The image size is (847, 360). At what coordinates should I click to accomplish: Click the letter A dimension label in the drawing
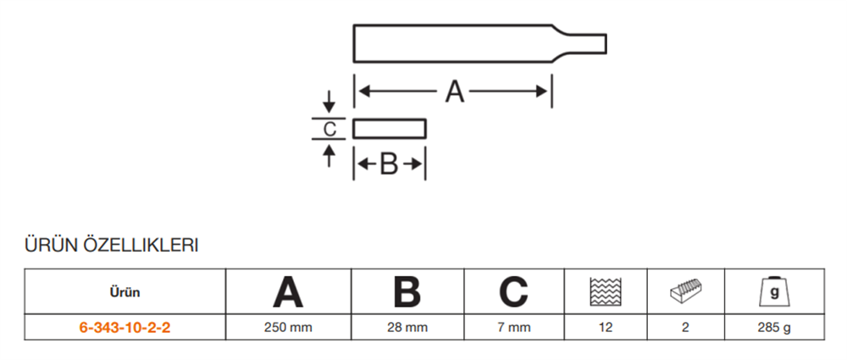pos(454,91)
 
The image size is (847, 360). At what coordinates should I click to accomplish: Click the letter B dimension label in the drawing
pos(389,163)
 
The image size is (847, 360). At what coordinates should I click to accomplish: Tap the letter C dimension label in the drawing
pos(329,130)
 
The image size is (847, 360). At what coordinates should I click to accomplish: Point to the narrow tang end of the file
pos(587,44)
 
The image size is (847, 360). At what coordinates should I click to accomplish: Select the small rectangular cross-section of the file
pos(390,129)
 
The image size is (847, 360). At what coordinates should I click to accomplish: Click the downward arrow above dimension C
pos(329,102)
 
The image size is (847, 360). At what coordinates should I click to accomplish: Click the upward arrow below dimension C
pos(329,155)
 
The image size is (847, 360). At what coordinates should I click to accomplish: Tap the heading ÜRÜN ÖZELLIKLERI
pos(111,246)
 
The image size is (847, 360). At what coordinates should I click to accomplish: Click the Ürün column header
pos(125,292)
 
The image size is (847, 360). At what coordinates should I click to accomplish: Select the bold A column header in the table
pos(288,292)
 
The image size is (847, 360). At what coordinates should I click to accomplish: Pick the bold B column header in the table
pos(407,292)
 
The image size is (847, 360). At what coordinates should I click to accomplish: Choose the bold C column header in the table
pos(513,292)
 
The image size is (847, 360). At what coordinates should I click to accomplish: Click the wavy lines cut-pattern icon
pos(606,292)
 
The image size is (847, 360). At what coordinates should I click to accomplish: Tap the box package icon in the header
pos(685,292)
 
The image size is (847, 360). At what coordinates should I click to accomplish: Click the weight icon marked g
pos(775,292)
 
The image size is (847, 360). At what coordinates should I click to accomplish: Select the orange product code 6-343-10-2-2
pos(125,328)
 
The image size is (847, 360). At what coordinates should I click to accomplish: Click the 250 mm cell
pos(288,328)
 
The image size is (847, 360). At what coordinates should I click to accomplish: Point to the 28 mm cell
pos(407,328)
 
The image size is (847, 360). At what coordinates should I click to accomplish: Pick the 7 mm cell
pos(513,328)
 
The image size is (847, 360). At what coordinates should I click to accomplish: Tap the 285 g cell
pos(775,328)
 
